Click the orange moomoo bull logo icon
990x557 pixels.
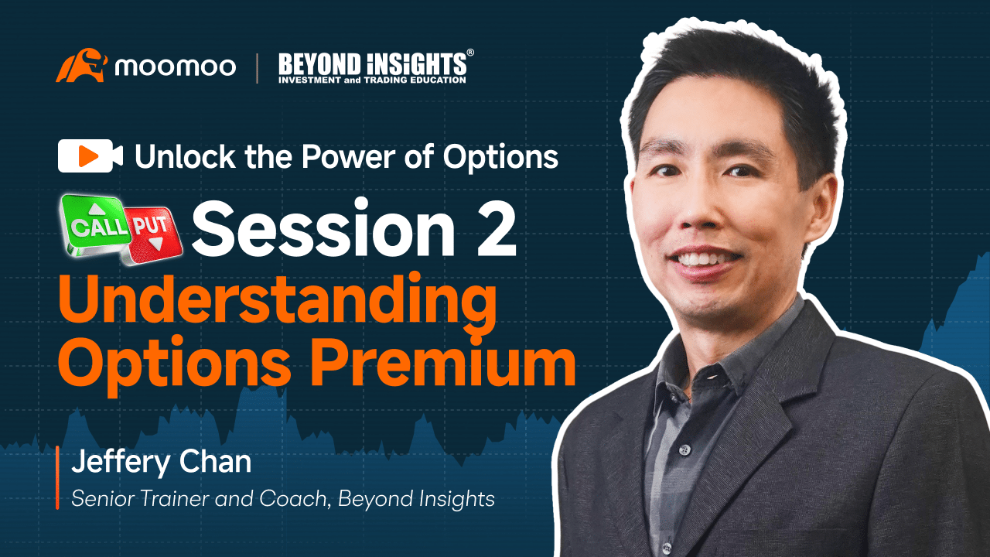click(81, 66)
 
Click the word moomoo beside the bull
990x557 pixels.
click(175, 67)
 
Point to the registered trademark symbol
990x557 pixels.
click(470, 53)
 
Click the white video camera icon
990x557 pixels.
click(90, 155)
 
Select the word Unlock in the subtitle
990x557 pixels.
click(185, 156)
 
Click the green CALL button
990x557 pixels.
click(97, 224)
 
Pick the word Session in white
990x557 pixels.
click(323, 228)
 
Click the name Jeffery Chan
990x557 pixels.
click(162, 462)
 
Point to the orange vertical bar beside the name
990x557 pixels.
click(57, 477)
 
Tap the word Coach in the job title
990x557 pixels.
click(292, 499)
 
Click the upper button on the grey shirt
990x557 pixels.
click(684, 450)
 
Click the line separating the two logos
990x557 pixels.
click(258, 68)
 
